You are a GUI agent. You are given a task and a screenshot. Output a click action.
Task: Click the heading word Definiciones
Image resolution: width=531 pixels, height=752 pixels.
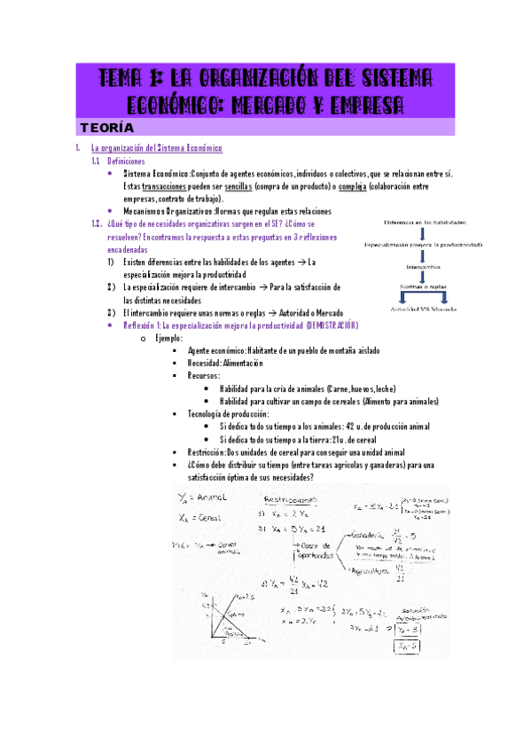tap(126, 161)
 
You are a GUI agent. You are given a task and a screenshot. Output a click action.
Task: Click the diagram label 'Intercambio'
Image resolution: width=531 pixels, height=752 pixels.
tap(424, 266)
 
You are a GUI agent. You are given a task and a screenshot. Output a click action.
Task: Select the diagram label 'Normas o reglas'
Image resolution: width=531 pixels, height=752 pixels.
tap(424, 287)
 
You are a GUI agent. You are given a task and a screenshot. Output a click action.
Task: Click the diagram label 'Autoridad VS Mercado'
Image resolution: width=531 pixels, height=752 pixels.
tap(425, 309)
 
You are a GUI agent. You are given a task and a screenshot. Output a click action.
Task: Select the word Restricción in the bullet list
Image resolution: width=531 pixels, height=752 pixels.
tap(214, 451)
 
